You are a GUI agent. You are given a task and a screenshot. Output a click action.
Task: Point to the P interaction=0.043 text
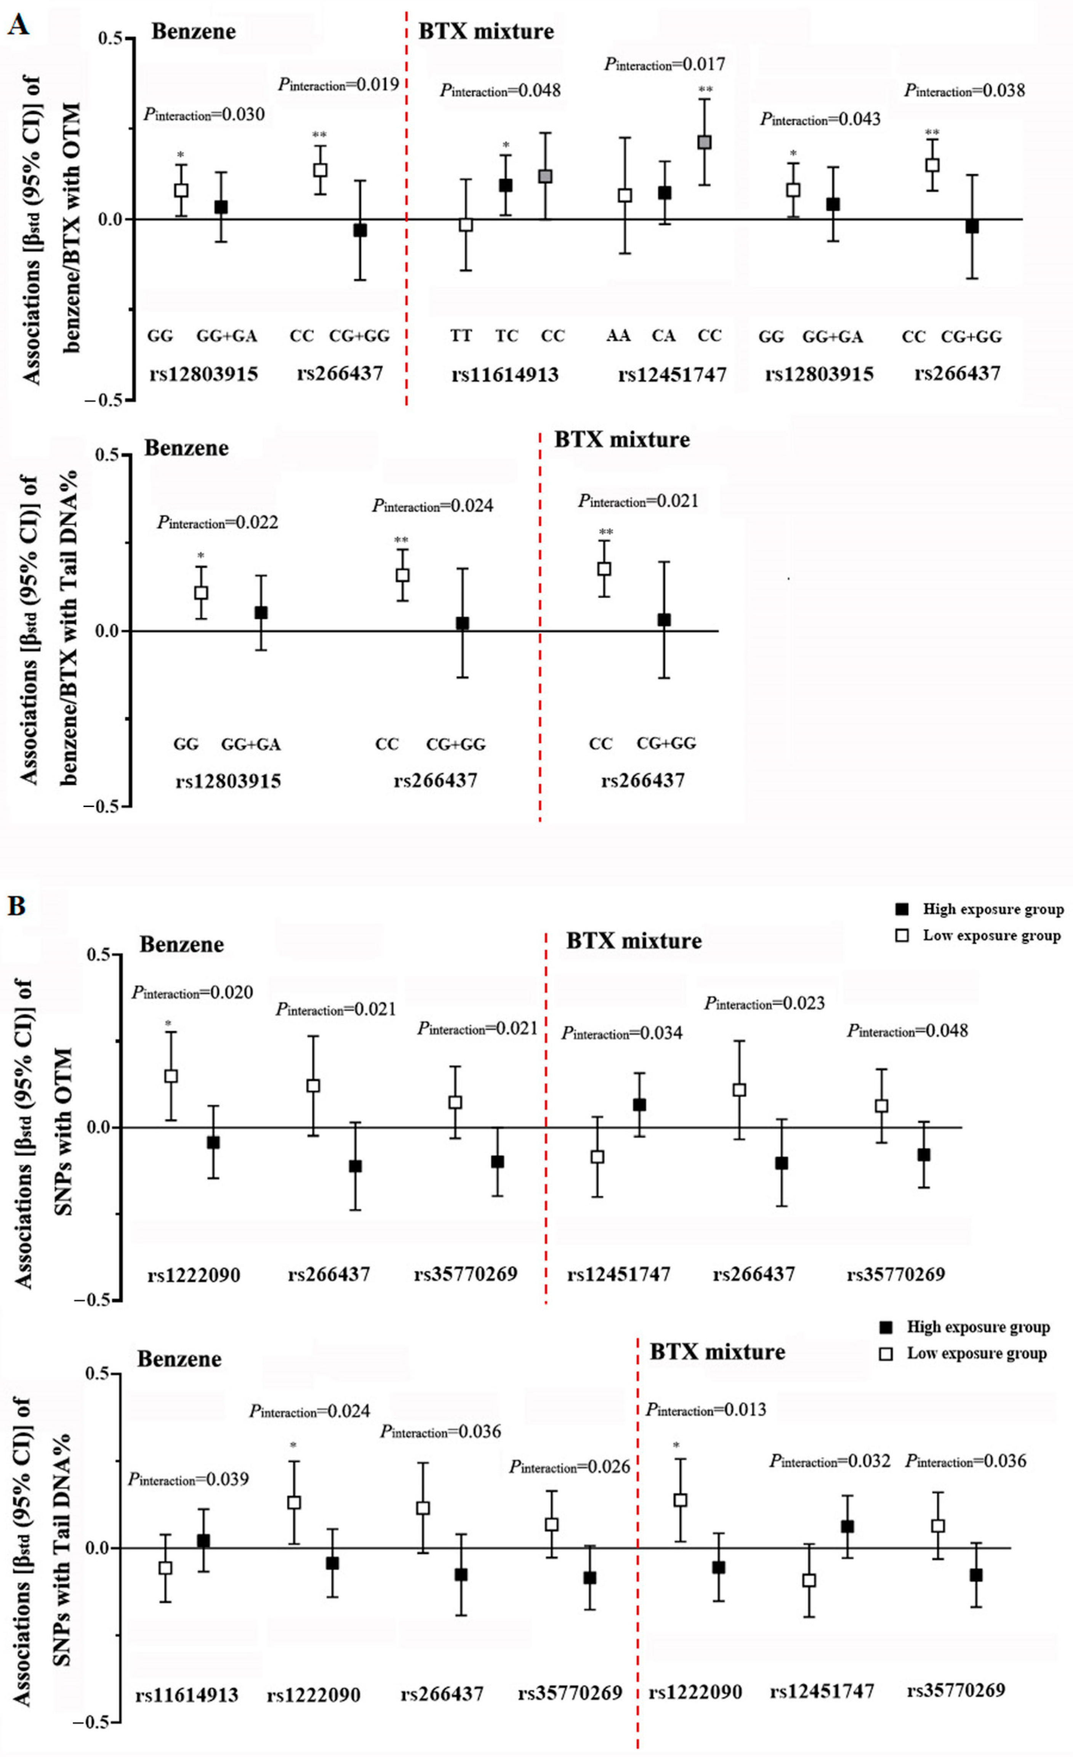click(x=820, y=119)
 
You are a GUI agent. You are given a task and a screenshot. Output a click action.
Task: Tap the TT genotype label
click(x=461, y=335)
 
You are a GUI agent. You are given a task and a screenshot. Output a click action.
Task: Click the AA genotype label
click(x=618, y=335)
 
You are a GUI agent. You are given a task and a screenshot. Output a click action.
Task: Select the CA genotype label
click(x=663, y=335)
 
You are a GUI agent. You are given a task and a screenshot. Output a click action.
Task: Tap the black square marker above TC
click(x=506, y=185)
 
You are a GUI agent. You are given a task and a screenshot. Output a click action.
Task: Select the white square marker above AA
click(x=625, y=195)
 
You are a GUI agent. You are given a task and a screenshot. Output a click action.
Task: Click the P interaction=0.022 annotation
click(x=218, y=523)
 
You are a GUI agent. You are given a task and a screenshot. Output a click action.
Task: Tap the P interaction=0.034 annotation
click(x=622, y=1033)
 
